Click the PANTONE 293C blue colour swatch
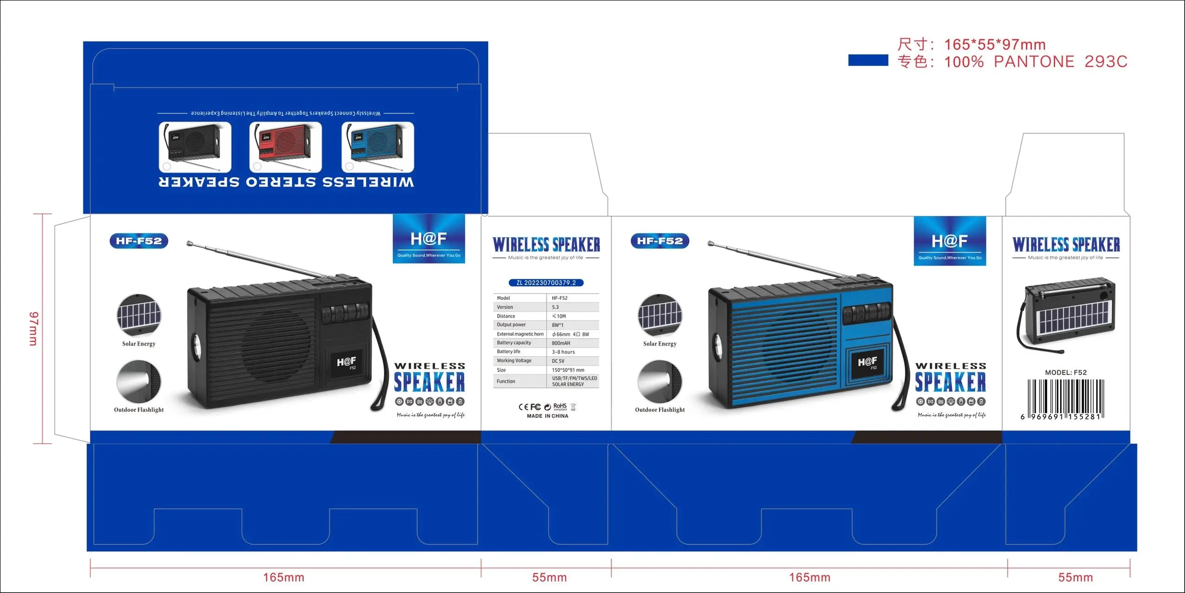point(868,60)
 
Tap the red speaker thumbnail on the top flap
point(285,147)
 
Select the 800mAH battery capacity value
point(561,343)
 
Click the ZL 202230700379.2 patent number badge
point(546,283)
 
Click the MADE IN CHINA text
point(547,416)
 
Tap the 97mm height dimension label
point(34,328)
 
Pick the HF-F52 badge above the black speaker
point(139,241)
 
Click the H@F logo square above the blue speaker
point(950,241)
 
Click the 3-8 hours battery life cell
point(563,352)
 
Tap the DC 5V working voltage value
point(558,361)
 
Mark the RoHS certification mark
point(560,407)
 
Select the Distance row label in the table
point(506,316)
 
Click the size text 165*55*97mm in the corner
point(995,44)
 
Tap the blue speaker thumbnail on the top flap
point(378,147)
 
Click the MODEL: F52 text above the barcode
point(1065,372)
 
